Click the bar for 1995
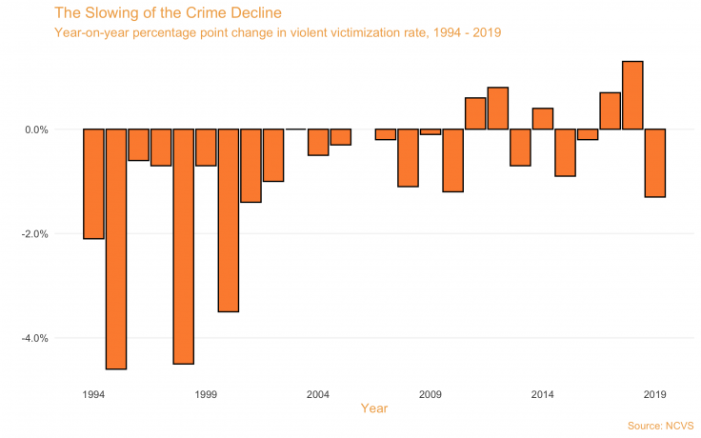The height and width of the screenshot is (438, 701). pos(116,249)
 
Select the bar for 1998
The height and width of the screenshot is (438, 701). pos(184,246)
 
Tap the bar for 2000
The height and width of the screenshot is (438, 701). pos(229,220)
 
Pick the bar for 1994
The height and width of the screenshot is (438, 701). pos(93,184)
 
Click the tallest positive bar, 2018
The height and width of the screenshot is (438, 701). pos(632,95)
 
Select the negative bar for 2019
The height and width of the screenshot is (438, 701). pos(655,163)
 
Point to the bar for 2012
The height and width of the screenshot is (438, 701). pos(498,109)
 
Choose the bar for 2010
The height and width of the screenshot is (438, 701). pos(452,160)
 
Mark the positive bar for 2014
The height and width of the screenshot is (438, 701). pos(543,119)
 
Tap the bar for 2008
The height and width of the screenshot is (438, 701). pos(408,157)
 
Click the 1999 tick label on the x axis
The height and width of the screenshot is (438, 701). pos(206,393)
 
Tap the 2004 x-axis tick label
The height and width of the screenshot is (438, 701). pos(318,393)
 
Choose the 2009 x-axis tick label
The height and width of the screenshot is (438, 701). pos(431,393)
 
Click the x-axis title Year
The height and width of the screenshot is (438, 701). pos(373,408)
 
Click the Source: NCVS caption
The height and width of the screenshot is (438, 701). pos(661,425)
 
